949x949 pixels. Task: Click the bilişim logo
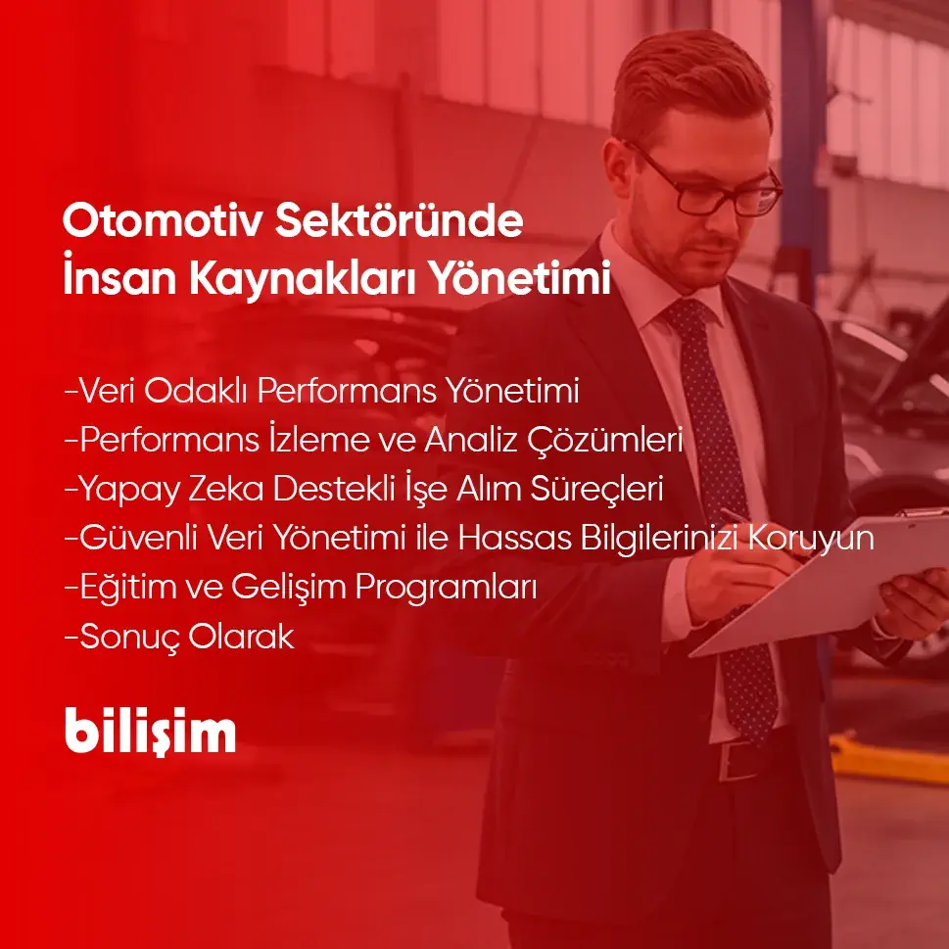[151, 731]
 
